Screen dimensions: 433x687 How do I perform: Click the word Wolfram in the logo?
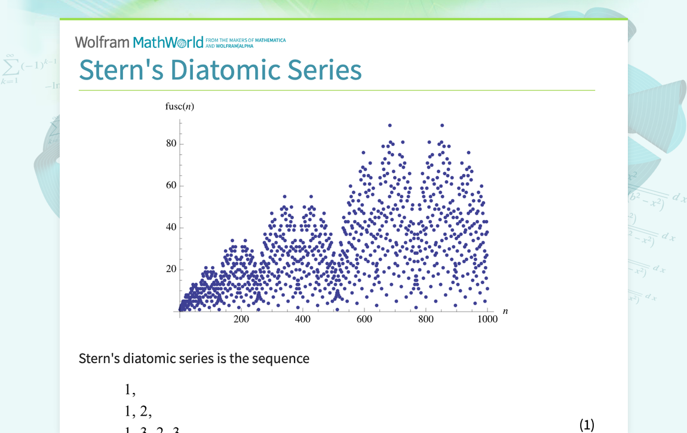pos(102,42)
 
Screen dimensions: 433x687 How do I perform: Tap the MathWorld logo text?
pos(168,42)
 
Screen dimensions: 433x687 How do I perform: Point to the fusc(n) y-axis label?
pos(179,106)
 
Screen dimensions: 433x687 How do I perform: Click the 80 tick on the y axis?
pos(171,144)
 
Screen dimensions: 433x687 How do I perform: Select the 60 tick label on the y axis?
pos(171,185)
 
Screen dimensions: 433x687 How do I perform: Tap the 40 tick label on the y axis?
pos(171,227)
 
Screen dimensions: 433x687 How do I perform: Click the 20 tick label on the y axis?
pos(171,269)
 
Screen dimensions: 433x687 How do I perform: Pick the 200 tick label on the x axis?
pos(241,319)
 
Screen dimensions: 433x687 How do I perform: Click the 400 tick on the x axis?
pos(302,319)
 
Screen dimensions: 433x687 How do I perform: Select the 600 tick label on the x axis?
pos(364,319)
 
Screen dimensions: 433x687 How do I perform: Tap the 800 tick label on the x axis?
pos(425,319)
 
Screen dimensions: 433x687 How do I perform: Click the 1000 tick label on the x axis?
pos(487,319)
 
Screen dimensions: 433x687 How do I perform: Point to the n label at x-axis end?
pos(505,311)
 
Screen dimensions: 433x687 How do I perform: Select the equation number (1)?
pos(587,425)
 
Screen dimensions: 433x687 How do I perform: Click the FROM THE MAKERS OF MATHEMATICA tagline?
pos(246,41)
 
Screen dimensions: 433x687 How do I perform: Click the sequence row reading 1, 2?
pos(138,411)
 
